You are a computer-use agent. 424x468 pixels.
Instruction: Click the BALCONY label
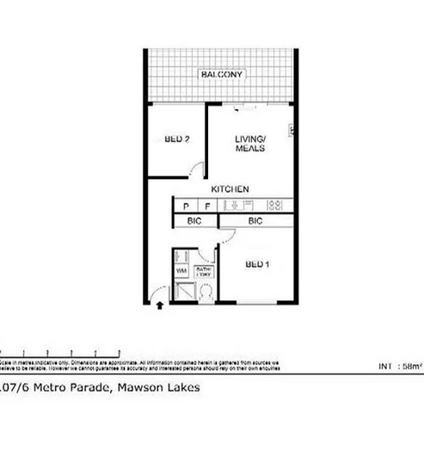pos(222,75)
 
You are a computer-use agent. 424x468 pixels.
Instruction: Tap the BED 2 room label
pos(177,140)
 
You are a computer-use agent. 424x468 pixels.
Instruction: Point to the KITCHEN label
pos(230,188)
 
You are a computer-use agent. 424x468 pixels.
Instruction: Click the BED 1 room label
pos(258,264)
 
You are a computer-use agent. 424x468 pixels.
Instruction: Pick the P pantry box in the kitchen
pos(186,206)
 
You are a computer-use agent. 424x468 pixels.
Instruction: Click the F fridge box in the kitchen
pos(207,206)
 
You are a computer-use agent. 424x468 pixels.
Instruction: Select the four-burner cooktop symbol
pos(276,206)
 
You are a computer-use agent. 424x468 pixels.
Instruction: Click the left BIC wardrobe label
pos(194,221)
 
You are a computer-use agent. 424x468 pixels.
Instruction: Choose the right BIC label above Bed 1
pos(255,221)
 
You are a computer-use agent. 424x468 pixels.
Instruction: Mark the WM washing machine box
pos(181,271)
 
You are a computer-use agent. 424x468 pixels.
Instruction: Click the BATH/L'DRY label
pos(204,271)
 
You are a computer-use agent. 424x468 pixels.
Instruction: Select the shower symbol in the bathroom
pos(181,291)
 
